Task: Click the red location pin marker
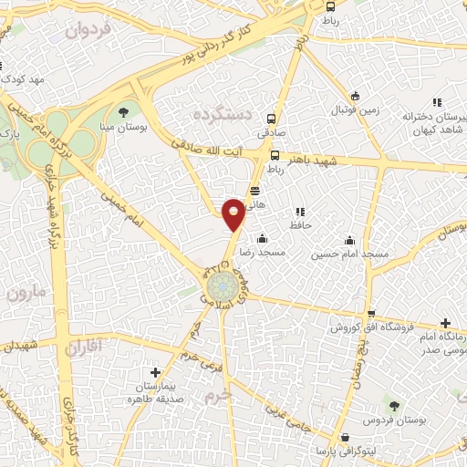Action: point(233,213)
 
